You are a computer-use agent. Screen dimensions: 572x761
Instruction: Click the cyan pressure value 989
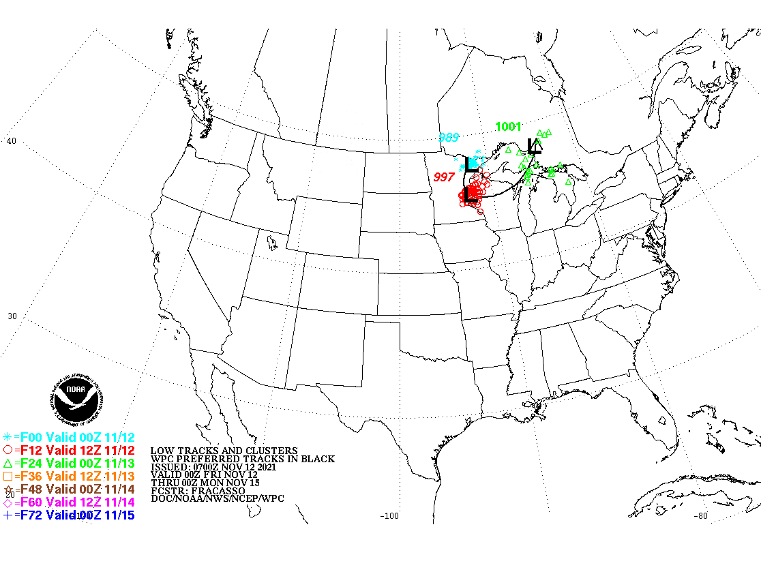pyautogui.click(x=448, y=137)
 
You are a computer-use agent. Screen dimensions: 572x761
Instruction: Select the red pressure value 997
pyautogui.click(x=444, y=177)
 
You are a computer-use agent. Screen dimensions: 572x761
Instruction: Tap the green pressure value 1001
pyautogui.click(x=508, y=126)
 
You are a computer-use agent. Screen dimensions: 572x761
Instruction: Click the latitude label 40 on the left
pyautogui.click(x=11, y=141)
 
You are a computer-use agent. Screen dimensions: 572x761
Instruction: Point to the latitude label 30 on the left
pyautogui.click(x=11, y=316)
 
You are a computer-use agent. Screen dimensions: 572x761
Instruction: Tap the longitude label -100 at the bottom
pyautogui.click(x=389, y=515)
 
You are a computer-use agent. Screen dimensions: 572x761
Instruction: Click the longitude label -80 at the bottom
pyautogui.click(x=700, y=515)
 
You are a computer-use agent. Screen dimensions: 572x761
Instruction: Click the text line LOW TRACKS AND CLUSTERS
pyautogui.click(x=224, y=451)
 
